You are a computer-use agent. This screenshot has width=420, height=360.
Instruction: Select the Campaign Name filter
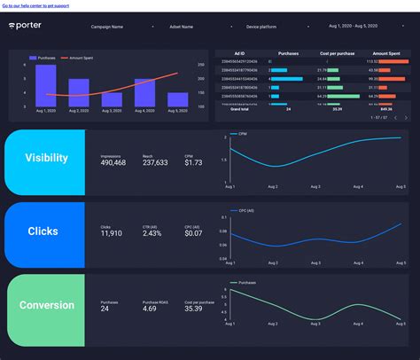pyautogui.click(x=105, y=27)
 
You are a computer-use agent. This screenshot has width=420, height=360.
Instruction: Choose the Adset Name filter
pyautogui.click(x=181, y=27)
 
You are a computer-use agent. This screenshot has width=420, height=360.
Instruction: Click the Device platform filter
pyautogui.click(x=253, y=27)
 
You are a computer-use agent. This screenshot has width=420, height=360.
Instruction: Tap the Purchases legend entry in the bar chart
pyautogui.click(x=45, y=58)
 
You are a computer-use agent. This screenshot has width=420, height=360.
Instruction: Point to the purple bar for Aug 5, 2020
pyautogui.click(x=177, y=99)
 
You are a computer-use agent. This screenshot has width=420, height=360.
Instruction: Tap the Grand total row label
pyautogui.click(x=240, y=109)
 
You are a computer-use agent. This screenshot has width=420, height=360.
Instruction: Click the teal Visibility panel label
pyautogui.click(x=46, y=158)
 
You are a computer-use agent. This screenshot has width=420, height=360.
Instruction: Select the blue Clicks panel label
pyautogui.click(x=43, y=231)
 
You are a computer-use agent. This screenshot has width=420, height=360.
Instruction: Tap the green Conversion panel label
pyautogui.click(x=45, y=305)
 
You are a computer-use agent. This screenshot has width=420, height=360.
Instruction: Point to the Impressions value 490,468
pyautogui.click(x=113, y=162)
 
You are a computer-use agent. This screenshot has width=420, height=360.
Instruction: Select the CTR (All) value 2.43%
pyautogui.click(x=152, y=234)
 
